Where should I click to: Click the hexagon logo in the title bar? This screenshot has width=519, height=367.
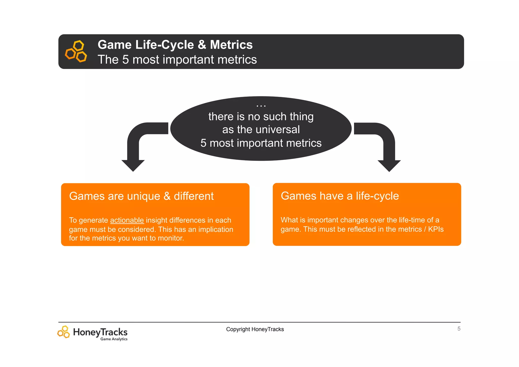pyautogui.click(x=76, y=51)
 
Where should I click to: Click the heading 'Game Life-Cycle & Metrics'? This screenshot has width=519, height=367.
pyautogui.click(x=175, y=45)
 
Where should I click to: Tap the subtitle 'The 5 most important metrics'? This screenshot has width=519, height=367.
pyautogui.click(x=177, y=60)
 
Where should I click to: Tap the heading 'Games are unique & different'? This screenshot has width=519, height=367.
pyautogui.click(x=141, y=196)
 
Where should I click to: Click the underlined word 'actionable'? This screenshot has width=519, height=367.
pyautogui.click(x=127, y=220)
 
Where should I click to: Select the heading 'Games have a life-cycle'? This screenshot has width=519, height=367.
pyautogui.click(x=340, y=196)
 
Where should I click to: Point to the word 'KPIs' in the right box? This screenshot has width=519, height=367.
pyautogui.click(x=436, y=229)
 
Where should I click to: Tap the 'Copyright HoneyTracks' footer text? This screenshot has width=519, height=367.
pyautogui.click(x=255, y=329)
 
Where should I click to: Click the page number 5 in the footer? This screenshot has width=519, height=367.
pyautogui.click(x=459, y=329)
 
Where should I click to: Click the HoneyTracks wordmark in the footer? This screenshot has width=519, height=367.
pyautogui.click(x=100, y=332)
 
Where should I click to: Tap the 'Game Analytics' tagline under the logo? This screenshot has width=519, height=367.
pyautogui.click(x=114, y=339)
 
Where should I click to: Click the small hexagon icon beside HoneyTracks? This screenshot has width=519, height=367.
pyautogui.click(x=64, y=332)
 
